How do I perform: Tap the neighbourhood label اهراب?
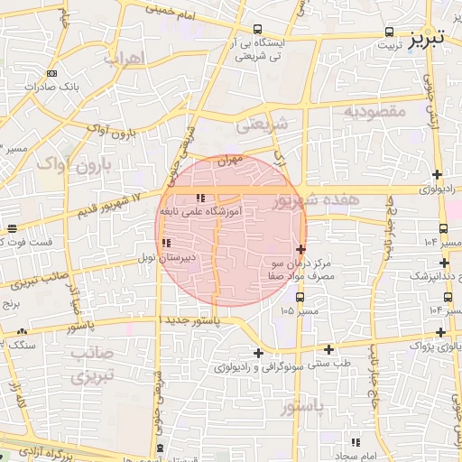(125, 60)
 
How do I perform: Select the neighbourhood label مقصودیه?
(375, 111)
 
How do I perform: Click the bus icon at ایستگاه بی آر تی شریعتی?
(259, 28)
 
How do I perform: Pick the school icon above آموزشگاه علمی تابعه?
(200, 198)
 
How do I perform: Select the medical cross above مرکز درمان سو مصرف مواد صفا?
(300, 248)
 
